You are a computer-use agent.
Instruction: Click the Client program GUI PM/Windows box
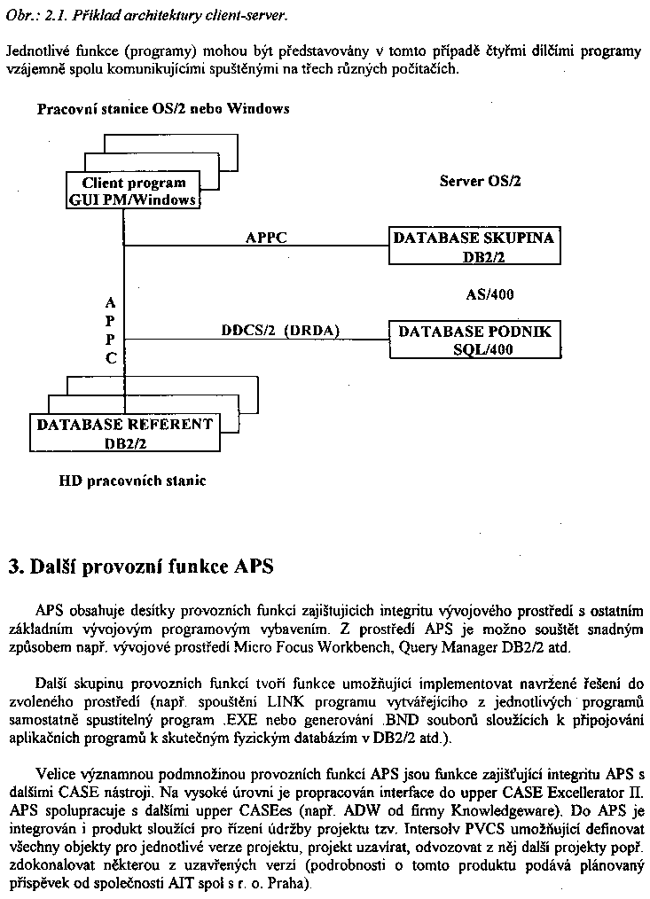[133, 192]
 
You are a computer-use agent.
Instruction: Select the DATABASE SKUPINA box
[474, 247]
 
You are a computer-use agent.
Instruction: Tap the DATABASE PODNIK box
[474, 340]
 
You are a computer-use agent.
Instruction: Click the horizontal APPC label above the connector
[266, 238]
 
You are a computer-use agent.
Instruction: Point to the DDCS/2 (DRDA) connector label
[280, 331]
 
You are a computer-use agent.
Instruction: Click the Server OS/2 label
[480, 181]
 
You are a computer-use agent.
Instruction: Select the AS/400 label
[489, 294]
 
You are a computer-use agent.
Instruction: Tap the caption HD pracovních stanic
[132, 481]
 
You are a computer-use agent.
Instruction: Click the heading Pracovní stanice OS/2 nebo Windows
[163, 109]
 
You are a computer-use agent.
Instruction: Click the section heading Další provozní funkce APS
[141, 567]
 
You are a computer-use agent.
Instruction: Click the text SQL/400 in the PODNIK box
[482, 349]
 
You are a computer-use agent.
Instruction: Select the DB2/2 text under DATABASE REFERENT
[125, 443]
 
